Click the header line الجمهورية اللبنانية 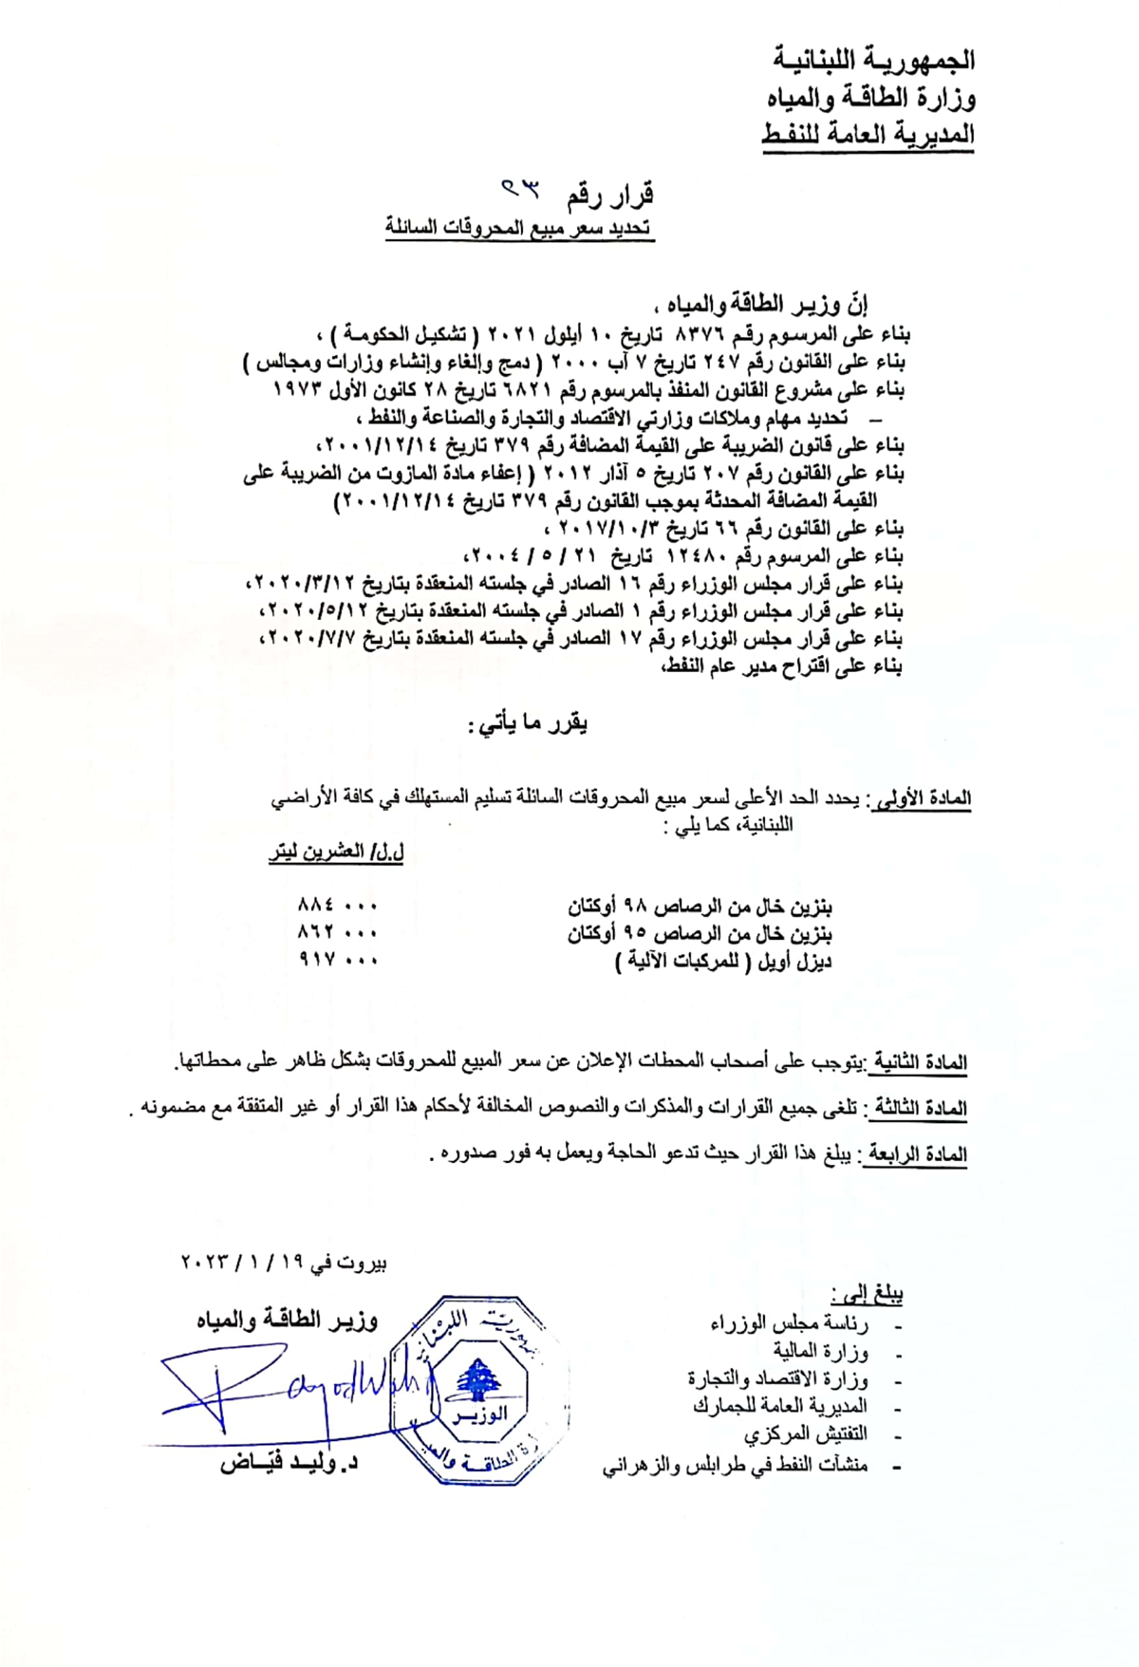click(872, 60)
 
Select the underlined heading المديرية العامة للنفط click(868, 135)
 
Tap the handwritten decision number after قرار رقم click(520, 190)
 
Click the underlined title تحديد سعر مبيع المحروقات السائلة click(519, 228)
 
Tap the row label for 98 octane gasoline click(700, 906)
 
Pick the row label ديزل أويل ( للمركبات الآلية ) click(723, 961)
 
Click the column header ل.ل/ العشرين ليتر click(336, 852)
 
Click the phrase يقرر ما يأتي click(528, 724)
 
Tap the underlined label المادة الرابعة click(915, 1154)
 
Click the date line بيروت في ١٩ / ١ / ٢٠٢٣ click(284, 1263)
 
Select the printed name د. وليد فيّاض click(289, 1463)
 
